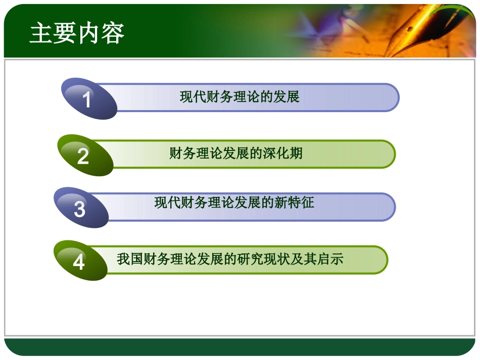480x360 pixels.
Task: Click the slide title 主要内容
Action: [x=77, y=34]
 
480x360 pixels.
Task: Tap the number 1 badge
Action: [x=88, y=99]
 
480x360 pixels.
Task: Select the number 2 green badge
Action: [x=84, y=156]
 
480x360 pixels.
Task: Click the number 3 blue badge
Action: [x=80, y=209]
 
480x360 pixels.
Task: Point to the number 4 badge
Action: [x=79, y=262]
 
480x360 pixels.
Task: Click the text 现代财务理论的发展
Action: [x=239, y=96]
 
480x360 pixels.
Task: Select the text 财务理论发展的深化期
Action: [x=235, y=153]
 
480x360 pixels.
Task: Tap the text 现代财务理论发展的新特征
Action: [x=234, y=203]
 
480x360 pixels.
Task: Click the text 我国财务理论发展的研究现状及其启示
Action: [x=230, y=259]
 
